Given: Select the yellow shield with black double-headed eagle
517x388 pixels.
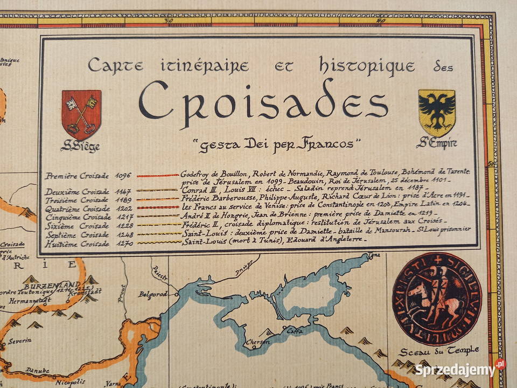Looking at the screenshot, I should [x=436, y=113].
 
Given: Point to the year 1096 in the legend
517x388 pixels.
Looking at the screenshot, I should [x=124, y=176].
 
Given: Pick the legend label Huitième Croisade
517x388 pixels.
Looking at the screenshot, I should [x=78, y=244].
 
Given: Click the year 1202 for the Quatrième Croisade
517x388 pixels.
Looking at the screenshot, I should [x=124, y=209].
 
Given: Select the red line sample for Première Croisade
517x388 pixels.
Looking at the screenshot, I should [x=157, y=175].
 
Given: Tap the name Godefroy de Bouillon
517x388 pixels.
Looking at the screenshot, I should [x=215, y=174].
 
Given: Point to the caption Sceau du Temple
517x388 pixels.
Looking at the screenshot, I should [x=439, y=351].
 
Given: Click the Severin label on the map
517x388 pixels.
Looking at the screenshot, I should [x=19, y=341].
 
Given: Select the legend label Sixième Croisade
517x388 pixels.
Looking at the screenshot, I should [x=78, y=226].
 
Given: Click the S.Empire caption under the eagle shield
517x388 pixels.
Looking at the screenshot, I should [x=436, y=144].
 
